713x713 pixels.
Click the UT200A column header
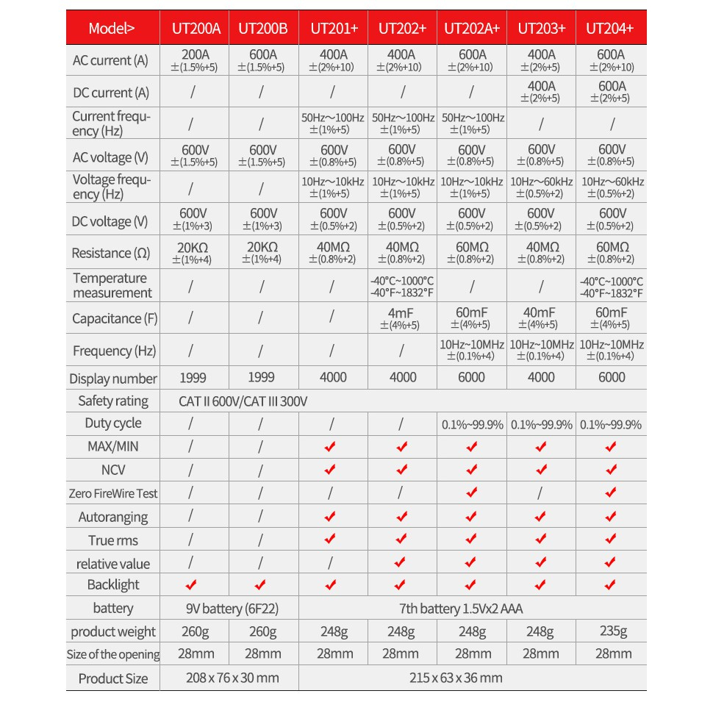196,29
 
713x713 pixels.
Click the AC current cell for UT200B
262,60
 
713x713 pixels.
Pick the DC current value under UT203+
542,92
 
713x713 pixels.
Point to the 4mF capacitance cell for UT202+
402,318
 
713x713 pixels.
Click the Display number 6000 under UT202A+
471,377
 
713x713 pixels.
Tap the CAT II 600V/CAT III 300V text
243,401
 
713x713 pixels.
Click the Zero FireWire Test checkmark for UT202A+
471,492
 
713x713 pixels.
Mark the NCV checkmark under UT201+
331,469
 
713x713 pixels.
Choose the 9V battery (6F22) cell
229,609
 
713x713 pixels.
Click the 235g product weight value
612,631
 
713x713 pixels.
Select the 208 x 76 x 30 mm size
229,678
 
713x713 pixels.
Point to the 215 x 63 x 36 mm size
456,678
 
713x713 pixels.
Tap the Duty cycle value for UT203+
542,424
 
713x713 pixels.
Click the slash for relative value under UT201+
332,563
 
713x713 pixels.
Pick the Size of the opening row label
112,654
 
